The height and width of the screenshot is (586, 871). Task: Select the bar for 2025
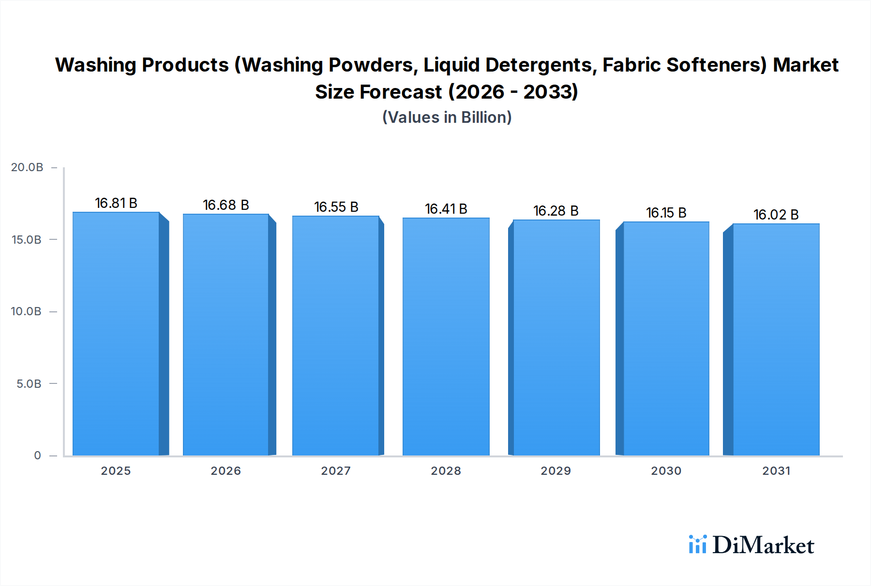click(x=116, y=334)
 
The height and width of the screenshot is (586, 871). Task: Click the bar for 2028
click(x=446, y=337)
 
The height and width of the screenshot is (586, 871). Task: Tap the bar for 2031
click(x=776, y=339)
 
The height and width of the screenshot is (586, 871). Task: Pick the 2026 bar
click(x=226, y=335)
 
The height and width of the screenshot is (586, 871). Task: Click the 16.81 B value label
click(x=116, y=203)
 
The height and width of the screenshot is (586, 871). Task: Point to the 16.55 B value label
click(x=336, y=207)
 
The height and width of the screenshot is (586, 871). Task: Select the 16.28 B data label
click(x=556, y=211)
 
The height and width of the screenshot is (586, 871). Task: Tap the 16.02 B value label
click(x=776, y=215)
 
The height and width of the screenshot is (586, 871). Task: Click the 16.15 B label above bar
click(x=666, y=213)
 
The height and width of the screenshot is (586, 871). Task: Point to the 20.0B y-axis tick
click(x=27, y=167)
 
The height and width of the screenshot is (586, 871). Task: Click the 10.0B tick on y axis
click(x=26, y=311)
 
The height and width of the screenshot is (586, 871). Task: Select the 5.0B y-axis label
click(x=29, y=384)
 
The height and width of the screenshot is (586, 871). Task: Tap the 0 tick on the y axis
click(x=37, y=455)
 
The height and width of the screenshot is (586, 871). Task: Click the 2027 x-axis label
click(x=336, y=471)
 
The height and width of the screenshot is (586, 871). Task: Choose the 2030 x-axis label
click(x=666, y=471)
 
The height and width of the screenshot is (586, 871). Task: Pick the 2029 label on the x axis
click(x=556, y=471)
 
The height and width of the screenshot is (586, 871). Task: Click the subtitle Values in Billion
click(x=447, y=117)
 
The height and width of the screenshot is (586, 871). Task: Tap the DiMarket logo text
click(x=763, y=545)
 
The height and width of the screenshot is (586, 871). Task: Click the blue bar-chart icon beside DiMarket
click(x=697, y=544)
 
